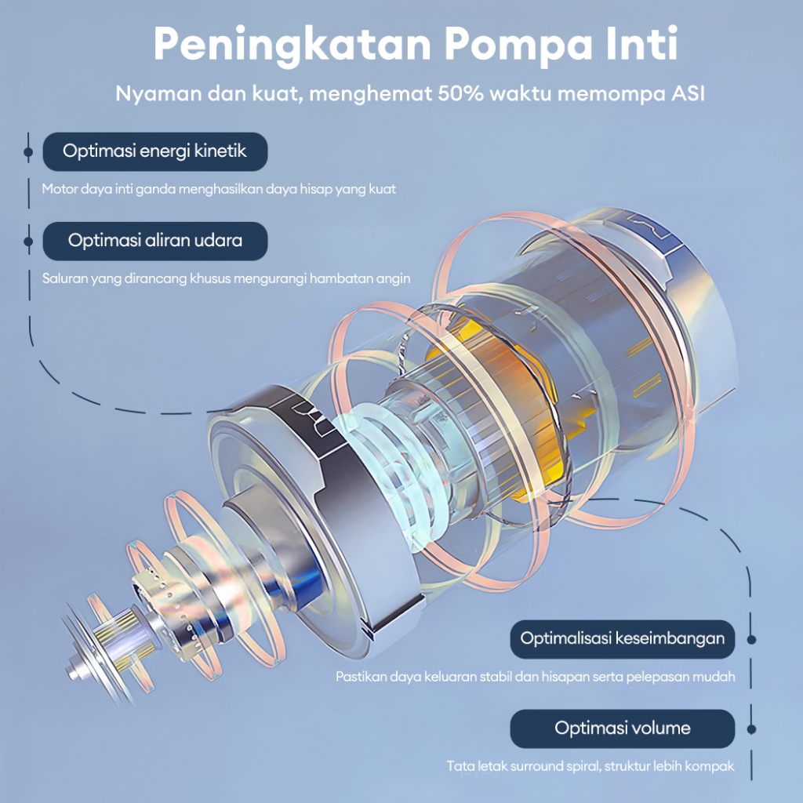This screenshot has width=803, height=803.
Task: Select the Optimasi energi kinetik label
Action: coord(154,151)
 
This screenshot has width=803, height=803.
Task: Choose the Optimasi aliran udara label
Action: coord(154,241)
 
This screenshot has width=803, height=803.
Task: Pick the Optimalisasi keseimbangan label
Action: coord(623,638)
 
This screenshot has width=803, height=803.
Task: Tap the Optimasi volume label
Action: coord(623,729)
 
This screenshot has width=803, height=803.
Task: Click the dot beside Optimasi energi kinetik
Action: coord(28,151)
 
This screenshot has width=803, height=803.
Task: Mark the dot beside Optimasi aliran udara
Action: coord(28,241)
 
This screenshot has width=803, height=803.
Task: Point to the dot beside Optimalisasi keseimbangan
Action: coord(751,639)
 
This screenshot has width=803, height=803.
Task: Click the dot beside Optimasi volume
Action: coord(751,729)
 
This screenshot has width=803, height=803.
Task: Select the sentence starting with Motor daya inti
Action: coord(219,189)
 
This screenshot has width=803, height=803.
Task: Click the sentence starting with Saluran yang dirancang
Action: coord(226,278)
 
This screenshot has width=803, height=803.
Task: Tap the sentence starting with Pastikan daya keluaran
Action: coord(536,677)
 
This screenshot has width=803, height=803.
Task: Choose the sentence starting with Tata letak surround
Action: coord(590,766)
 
